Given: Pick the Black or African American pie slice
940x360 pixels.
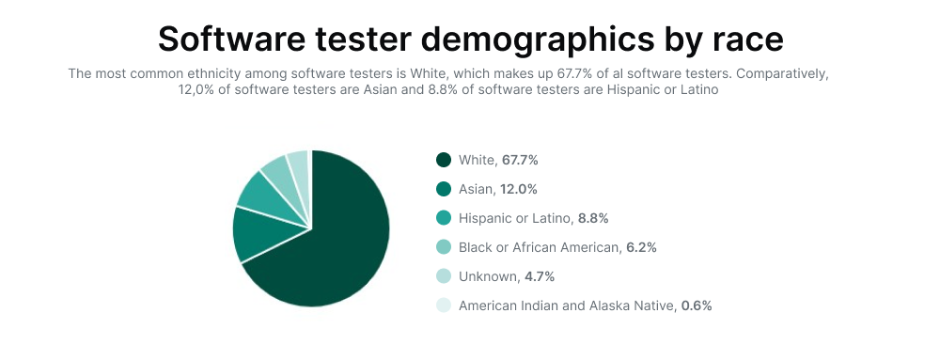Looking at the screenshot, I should [282, 175].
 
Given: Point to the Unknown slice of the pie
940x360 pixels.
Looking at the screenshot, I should [299, 165].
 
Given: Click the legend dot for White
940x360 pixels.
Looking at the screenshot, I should [444, 160].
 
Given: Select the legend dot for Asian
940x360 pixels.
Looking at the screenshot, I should [444, 189].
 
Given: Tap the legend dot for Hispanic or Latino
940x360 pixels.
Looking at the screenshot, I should [444, 218].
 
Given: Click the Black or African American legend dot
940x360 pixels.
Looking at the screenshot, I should [444, 247].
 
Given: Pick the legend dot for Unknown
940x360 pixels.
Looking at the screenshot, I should [444, 276].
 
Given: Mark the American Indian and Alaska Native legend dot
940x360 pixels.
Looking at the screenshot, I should [444, 305].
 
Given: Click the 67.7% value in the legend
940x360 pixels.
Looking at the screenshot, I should [520, 160].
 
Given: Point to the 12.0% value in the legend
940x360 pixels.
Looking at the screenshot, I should [519, 189].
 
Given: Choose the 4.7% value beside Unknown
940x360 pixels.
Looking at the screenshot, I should [539, 276].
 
